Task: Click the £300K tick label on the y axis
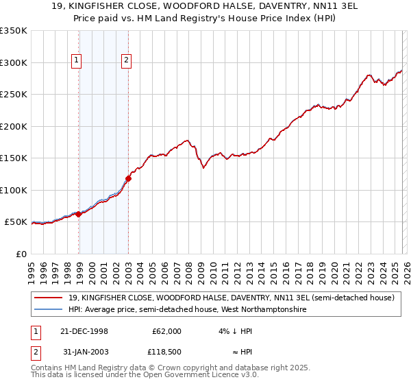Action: click(14, 62)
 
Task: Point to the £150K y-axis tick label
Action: click(14, 158)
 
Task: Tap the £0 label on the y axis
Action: click(21, 254)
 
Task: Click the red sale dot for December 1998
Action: click(79, 214)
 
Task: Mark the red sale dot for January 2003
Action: click(128, 178)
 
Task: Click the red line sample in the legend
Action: click(49, 298)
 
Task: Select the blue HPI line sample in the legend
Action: click(49, 310)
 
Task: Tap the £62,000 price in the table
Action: click(166, 331)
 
